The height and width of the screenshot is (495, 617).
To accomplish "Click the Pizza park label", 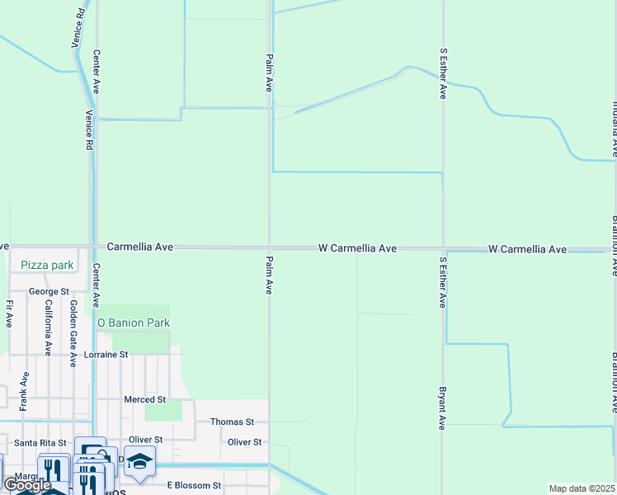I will (x=47, y=266).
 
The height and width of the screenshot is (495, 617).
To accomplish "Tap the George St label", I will (x=49, y=291).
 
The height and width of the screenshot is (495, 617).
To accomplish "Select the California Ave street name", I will (x=49, y=328).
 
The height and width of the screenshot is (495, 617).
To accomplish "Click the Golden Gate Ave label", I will (x=73, y=328).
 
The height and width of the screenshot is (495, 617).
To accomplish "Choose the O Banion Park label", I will (x=134, y=323).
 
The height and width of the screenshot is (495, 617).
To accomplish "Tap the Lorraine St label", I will (x=106, y=355).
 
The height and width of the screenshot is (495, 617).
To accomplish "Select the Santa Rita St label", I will (x=40, y=442).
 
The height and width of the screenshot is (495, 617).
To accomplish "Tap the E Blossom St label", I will (x=194, y=486).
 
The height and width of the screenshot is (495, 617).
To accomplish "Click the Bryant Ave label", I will (x=443, y=408).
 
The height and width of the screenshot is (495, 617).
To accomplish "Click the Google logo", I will (x=28, y=485).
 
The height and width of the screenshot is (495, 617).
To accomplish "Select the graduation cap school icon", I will (x=139, y=462).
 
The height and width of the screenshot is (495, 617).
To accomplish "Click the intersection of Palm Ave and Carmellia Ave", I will (x=269, y=247).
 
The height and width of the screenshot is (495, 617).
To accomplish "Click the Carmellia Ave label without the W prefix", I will (x=140, y=247).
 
